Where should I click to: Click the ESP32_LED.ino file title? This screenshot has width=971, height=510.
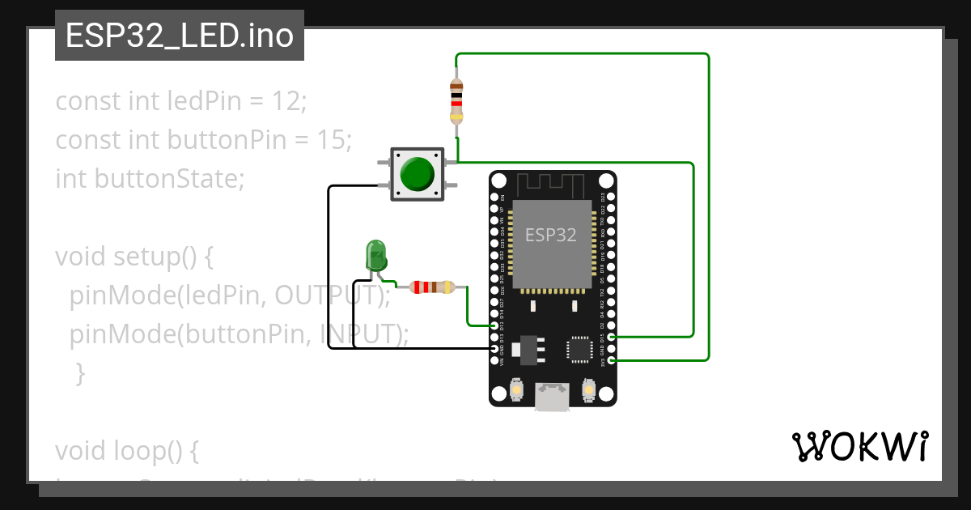179,36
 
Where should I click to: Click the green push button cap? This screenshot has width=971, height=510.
417,172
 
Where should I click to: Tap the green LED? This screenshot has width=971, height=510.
375,255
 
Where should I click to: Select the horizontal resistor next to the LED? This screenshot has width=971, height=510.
433,287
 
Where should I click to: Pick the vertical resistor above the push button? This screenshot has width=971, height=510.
456,100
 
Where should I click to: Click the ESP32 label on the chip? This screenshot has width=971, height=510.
550,235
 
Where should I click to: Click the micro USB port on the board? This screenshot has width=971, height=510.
553,397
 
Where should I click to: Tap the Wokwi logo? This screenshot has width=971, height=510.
859,446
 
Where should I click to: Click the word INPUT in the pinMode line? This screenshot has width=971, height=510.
355,334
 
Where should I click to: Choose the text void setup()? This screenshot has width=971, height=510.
134,257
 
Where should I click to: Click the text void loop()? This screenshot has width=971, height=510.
126,450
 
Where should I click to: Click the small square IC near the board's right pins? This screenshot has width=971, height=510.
580,348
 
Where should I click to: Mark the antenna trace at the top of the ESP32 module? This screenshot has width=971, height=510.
552,185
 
